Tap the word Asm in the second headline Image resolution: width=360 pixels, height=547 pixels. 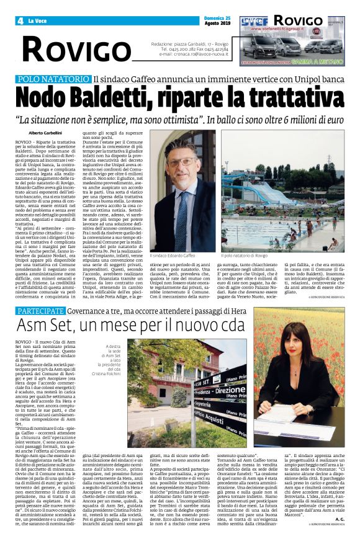35,326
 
